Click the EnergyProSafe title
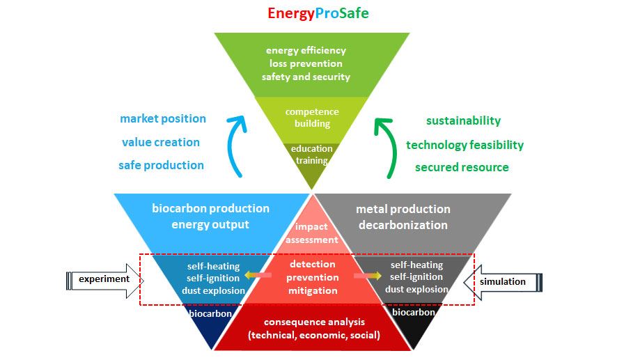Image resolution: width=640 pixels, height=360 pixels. (318, 13)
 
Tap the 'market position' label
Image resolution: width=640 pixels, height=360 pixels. (163, 119)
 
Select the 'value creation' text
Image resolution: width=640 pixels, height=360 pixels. (161, 142)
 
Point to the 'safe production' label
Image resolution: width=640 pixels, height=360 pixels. (162, 165)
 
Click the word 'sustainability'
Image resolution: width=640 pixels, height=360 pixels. (463, 121)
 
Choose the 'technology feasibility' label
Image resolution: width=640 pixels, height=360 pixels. (465, 145)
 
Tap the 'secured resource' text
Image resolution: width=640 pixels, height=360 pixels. (462, 167)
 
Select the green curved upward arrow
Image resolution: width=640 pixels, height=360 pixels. (389, 147)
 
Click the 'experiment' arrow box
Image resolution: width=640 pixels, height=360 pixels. (104, 281)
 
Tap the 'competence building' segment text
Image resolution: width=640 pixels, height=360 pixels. (312, 118)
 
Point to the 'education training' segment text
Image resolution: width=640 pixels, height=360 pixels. (312, 155)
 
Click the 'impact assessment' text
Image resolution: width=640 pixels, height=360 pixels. (311, 233)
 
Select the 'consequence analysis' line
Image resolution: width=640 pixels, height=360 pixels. (314, 322)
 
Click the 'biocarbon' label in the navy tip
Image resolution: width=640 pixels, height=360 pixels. (210, 314)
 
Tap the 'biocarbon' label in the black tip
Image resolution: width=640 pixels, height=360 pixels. (414, 313)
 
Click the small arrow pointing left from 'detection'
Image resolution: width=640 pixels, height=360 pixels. (258, 276)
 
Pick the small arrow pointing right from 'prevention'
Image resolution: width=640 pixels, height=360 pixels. (367, 276)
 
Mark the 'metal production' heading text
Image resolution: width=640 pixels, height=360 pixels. (403, 210)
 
